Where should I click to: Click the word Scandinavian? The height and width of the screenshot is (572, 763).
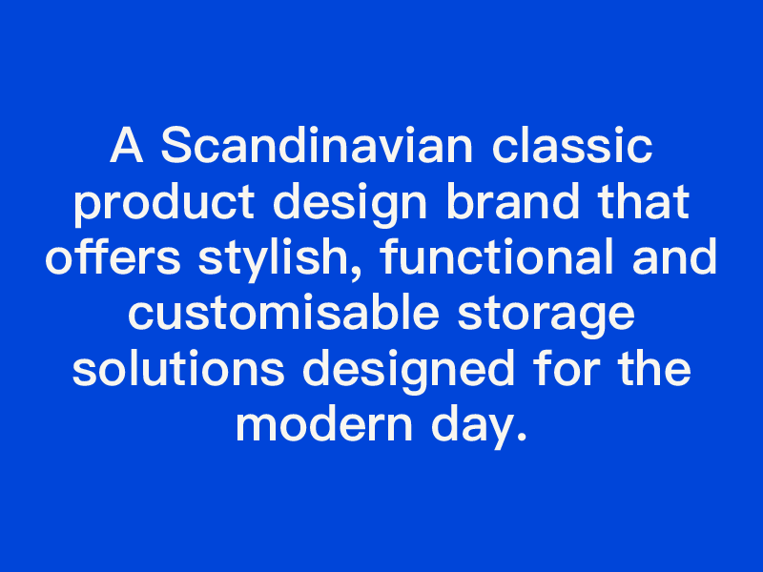click(x=317, y=145)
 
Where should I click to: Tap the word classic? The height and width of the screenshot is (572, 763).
click(x=572, y=145)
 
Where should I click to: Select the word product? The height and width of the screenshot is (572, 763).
click(x=164, y=203)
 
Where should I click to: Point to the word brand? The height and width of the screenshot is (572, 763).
click(x=513, y=201)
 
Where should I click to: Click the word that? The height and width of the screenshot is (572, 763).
click(x=644, y=201)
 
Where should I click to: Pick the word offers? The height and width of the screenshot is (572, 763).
click(x=113, y=256)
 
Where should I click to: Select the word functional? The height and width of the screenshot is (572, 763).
click(x=497, y=256)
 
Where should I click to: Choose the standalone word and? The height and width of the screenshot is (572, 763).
click(x=674, y=256)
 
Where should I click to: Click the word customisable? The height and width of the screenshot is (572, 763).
click(x=283, y=313)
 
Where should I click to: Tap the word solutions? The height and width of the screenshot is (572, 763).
click(x=178, y=368)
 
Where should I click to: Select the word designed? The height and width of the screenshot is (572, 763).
click(x=409, y=371)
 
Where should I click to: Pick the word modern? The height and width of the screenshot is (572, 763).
click(x=324, y=423)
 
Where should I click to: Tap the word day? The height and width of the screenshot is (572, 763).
click(x=471, y=426)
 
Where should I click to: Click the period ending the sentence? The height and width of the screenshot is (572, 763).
click(x=522, y=437)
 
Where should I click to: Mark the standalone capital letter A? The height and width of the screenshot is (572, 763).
click(x=127, y=145)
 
